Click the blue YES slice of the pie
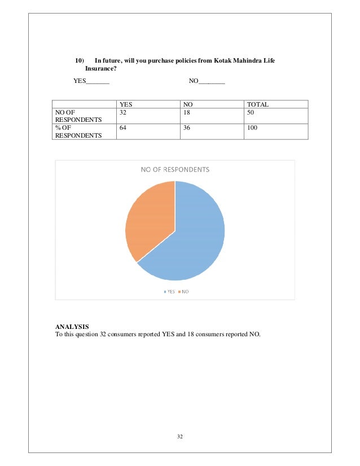click(x=192, y=243)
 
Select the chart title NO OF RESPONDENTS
click(x=175, y=169)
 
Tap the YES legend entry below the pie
click(x=169, y=292)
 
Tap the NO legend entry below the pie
click(x=183, y=292)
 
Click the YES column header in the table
click(x=126, y=104)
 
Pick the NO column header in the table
click(x=187, y=104)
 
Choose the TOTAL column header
click(x=257, y=104)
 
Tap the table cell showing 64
click(x=124, y=128)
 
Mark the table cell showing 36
click(x=187, y=128)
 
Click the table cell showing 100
click(x=252, y=128)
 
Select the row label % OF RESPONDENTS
click(x=78, y=131)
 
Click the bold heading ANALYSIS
click(x=72, y=326)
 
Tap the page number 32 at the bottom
click(x=180, y=437)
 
